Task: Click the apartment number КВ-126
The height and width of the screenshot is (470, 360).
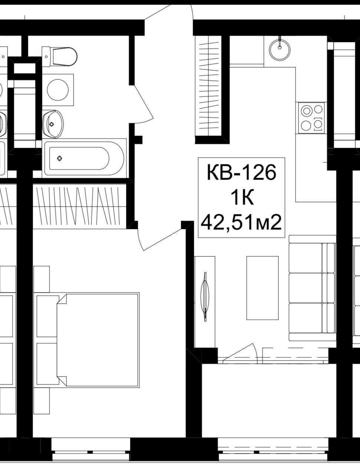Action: [x=242, y=172]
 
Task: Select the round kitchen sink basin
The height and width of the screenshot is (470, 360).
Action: [x=279, y=50]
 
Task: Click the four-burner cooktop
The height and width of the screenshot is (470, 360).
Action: [x=311, y=118]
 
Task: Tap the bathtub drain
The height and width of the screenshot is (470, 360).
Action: [x=59, y=158]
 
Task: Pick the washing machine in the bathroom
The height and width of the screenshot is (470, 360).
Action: [x=58, y=90]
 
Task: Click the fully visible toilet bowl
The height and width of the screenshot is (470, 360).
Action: [x=59, y=56]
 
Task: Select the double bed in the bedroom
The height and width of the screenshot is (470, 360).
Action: [x=98, y=329]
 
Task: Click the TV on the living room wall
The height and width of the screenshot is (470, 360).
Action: [x=205, y=297]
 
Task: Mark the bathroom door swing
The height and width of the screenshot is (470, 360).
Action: [x=143, y=104]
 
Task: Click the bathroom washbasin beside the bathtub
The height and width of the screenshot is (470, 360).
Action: [x=53, y=124]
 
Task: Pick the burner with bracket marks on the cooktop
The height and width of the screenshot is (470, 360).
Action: [x=318, y=124]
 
